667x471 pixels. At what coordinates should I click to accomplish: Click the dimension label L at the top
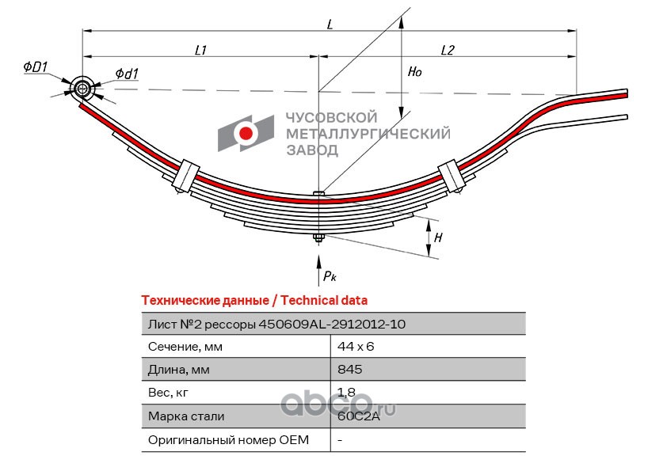coord(330,24)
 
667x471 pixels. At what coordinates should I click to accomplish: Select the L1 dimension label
coord(200,50)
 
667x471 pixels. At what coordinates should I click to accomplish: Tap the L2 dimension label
coord(448,50)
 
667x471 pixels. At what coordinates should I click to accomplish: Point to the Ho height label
coord(414,71)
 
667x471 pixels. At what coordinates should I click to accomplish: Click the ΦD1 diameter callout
coord(36,66)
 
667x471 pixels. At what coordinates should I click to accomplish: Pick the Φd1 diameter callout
coord(127,74)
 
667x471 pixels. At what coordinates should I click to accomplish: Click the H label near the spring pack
coord(438,237)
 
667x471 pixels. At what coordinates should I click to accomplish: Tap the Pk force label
coord(330,276)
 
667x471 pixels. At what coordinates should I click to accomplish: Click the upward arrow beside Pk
coord(318,271)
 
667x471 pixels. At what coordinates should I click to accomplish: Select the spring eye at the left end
coord(82,89)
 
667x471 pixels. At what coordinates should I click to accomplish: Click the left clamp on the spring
coord(186,175)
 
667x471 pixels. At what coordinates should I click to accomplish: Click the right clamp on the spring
coord(452,175)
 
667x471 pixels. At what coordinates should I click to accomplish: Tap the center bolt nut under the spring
coord(318,238)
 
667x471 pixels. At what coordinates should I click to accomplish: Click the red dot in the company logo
coord(246,134)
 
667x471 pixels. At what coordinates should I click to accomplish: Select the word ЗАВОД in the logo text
coord(312,150)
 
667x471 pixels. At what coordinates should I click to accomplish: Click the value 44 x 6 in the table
coord(356,347)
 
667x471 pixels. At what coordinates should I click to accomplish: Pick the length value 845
coord(349,369)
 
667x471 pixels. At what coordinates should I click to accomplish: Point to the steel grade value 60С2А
coord(359,416)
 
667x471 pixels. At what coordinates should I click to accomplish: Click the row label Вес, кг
coord(168,393)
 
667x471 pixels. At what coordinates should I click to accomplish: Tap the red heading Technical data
coord(324,301)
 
